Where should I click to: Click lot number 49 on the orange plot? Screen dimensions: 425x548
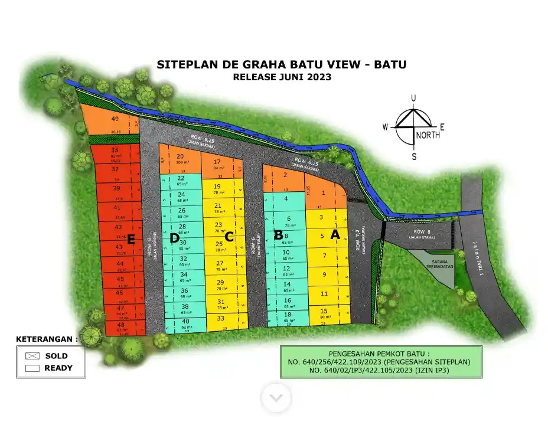(115, 119)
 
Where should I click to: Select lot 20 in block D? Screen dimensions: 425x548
(180, 156)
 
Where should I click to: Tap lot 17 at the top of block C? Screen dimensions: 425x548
(217, 162)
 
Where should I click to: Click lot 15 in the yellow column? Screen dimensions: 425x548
(324, 311)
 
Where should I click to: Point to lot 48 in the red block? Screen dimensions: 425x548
(120, 325)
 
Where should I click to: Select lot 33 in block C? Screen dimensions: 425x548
(220, 318)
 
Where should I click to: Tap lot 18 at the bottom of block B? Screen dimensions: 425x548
(287, 315)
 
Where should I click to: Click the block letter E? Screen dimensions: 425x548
(132, 239)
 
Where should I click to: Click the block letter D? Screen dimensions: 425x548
(174, 238)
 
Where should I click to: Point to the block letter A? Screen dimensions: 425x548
(335, 234)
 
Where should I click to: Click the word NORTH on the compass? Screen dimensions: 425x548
(428, 135)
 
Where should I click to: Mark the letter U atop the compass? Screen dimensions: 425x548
(414, 98)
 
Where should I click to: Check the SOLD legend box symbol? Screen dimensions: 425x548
(32, 356)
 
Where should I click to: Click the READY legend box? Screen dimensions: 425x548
(32, 368)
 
